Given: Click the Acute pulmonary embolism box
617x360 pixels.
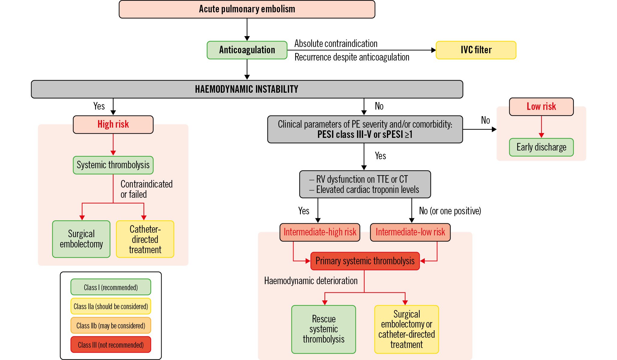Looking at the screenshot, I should point(247,9).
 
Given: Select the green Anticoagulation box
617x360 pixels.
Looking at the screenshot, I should point(247,50).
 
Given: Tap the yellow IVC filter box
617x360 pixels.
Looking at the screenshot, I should point(476,50).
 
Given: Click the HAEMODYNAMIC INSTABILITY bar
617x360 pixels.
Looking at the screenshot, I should point(247,89).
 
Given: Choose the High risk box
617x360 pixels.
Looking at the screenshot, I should point(113,124).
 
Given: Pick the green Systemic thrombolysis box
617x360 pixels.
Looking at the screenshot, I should point(113,165).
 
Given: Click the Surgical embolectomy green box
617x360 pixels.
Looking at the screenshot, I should point(81,239).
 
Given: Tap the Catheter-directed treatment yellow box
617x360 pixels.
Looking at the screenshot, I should point(145,239).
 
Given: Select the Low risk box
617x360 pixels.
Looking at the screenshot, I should point(541,107).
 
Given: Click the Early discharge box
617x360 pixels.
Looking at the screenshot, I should point(541,147).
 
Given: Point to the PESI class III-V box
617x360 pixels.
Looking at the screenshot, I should point(365,129).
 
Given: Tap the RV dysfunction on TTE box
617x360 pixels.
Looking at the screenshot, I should point(365,184).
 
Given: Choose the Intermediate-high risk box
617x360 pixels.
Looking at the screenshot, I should point(320,232).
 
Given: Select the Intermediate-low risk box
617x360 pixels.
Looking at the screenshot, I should point(410,232).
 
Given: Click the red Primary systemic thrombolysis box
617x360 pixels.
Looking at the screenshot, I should point(365,261).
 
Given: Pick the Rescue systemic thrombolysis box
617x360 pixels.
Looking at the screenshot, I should point(323,329).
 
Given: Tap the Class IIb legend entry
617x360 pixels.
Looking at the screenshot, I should point(111,325).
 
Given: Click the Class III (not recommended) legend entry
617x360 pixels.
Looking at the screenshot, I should point(111,345).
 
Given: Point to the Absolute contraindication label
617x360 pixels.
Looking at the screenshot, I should point(336,44).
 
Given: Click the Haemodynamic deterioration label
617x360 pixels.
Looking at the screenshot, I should point(311,281).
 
